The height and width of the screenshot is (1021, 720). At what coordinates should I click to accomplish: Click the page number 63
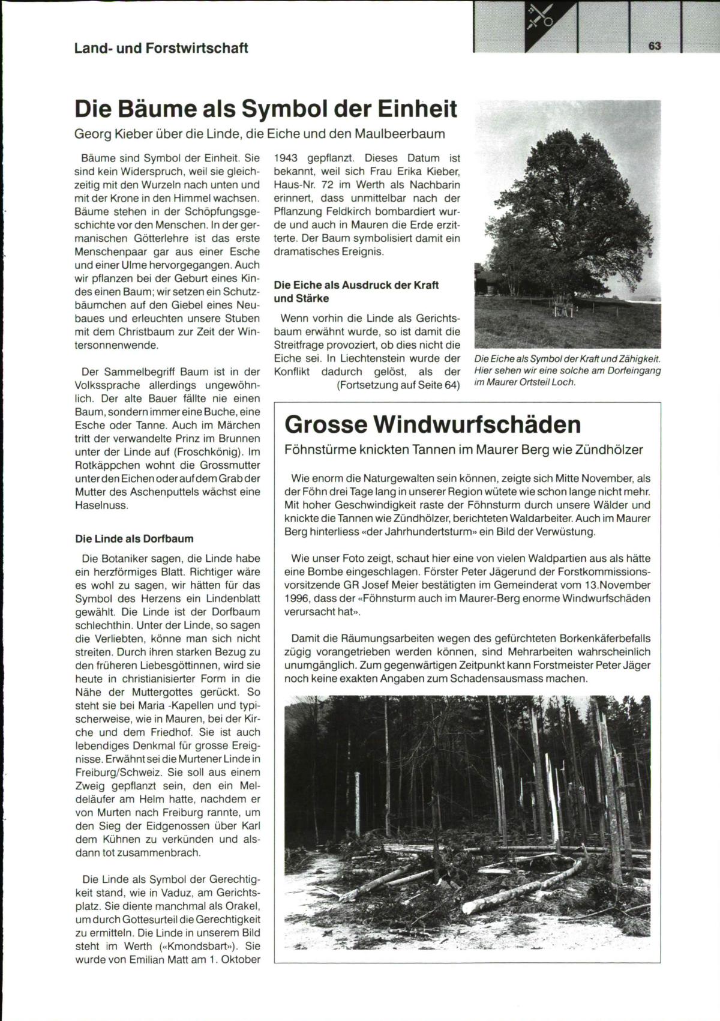(654, 46)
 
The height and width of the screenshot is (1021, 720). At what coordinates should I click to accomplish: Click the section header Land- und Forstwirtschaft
(161, 48)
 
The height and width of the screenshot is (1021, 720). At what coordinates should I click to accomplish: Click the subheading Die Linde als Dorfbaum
(134, 538)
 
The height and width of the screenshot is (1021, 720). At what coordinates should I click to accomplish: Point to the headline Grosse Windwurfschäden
(433, 424)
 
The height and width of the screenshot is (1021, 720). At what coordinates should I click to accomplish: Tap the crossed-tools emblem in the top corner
(539, 17)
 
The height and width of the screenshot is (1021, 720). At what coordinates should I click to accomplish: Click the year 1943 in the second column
(286, 158)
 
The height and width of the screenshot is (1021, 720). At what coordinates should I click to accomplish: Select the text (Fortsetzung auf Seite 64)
(398, 385)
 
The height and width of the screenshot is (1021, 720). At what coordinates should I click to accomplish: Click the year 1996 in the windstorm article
(298, 598)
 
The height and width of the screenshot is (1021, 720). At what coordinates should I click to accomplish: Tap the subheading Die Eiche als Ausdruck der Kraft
(356, 285)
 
